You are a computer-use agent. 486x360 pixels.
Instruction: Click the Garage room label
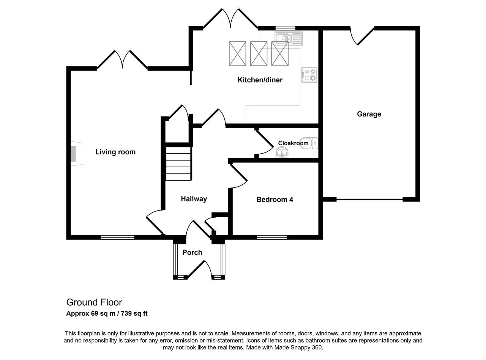(369, 114)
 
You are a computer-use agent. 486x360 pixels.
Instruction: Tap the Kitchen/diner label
(260, 80)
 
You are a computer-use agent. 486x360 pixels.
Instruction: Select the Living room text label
(115, 152)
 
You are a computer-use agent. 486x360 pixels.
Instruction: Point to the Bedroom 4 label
(275, 200)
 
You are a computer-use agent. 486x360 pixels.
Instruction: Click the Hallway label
(194, 199)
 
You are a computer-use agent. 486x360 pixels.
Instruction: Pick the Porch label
(192, 253)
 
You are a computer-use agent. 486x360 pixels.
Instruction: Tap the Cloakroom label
(293, 143)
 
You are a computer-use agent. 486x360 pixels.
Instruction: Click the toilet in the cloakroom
(309, 143)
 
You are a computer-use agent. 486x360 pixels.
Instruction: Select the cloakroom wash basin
(282, 152)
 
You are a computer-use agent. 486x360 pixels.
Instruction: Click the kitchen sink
(288, 39)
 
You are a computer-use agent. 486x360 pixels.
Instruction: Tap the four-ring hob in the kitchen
(309, 75)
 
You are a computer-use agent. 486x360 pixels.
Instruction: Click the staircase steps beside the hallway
(178, 163)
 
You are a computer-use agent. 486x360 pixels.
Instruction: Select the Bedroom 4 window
(272, 237)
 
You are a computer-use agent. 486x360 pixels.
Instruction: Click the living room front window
(117, 237)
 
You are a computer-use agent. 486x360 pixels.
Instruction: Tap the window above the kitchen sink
(285, 28)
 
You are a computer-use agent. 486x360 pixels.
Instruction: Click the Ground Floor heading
(94, 302)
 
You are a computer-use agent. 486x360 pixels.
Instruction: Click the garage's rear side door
(362, 36)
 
